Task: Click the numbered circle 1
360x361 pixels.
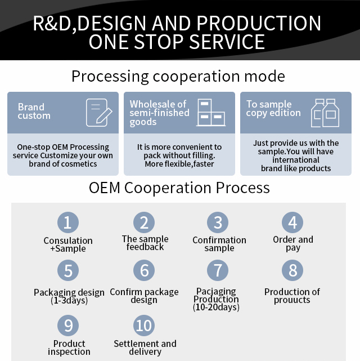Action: (x=67, y=222)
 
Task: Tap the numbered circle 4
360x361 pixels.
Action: (x=292, y=222)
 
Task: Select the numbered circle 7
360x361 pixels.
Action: (x=218, y=270)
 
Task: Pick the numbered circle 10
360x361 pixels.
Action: (x=144, y=325)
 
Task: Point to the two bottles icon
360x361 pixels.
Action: (x=325, y=113)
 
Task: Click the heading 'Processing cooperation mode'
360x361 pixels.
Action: (x=178, y=76)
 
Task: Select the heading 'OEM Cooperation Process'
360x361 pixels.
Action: (x=179, y=188)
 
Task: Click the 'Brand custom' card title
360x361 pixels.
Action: (x=34, y=112)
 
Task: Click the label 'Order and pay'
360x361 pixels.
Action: (x=293, y=244)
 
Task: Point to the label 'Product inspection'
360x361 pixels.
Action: (x=69, y=347)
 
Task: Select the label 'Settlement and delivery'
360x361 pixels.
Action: (x=145, y=347)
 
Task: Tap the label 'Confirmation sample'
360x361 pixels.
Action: (x=219, y=244)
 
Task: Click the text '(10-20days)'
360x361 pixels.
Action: (x=216, y=307)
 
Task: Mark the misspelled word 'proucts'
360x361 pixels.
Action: (x=292, y=300)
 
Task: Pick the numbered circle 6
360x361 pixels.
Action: (x=144, y=270)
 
